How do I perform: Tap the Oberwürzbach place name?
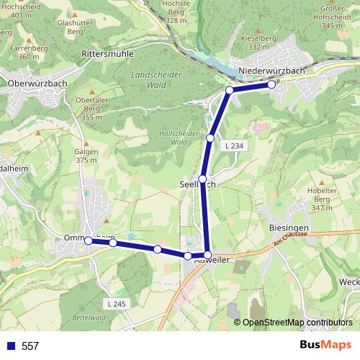(37, 84)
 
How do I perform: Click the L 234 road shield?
(233, 145)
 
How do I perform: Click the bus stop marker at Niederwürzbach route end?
(271, 84)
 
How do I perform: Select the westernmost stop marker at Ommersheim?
(89, 241)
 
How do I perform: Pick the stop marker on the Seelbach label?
(203, 179)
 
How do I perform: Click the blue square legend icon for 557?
(11, 346)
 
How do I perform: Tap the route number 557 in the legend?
(30, 346)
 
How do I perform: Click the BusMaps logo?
(324, 346)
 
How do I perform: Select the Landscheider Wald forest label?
(154, 79)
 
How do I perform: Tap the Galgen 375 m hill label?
(85, 156)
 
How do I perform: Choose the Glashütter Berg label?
(76, 27)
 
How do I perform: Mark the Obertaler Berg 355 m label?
(91, 108)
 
